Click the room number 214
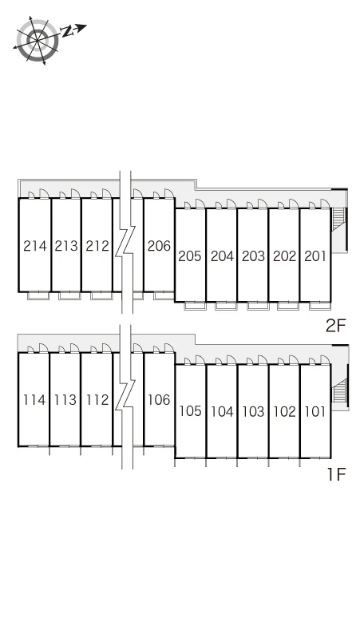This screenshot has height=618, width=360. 35,246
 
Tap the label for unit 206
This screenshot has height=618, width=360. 159,246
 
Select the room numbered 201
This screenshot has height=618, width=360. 315,256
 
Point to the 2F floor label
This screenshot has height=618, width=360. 335,326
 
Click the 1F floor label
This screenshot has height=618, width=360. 336,474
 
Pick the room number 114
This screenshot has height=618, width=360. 34,400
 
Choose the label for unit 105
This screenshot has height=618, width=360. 191,411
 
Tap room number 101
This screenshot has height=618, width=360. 315,411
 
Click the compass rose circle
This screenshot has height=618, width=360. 38,40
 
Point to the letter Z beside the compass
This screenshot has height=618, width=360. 67,31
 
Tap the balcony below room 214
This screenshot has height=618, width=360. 38,295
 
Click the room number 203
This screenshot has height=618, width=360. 253,256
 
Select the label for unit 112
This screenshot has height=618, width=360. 97,400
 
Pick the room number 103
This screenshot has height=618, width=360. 253,411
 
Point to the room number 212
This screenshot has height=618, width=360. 97,246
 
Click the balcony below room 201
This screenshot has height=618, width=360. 320,307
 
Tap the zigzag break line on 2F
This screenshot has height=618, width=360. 125,242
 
